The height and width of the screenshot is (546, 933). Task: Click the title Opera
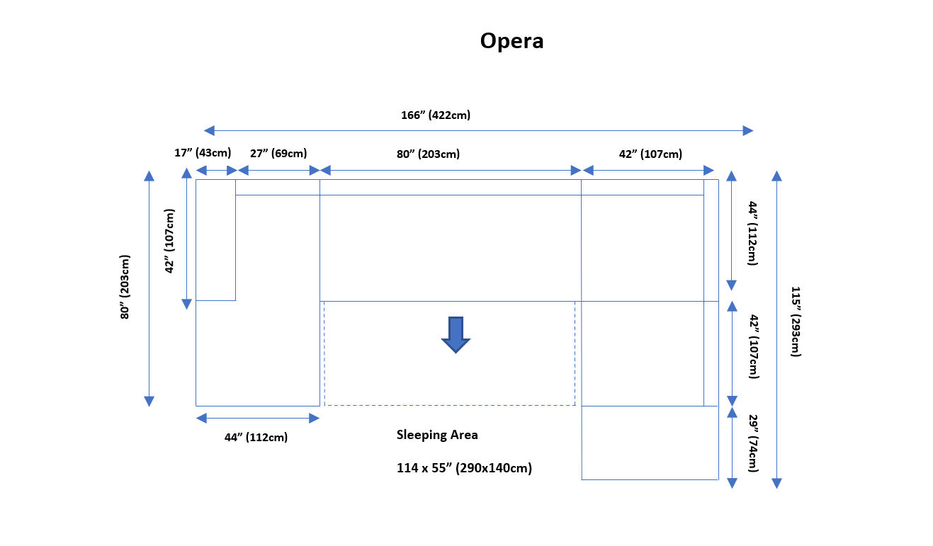511,41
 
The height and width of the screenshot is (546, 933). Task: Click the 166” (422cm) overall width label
436,115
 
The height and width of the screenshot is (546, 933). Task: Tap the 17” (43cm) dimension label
203,153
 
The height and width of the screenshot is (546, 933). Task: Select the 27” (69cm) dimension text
278,153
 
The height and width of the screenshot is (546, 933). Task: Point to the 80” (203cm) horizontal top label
427,154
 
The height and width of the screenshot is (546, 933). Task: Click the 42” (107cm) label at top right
650,154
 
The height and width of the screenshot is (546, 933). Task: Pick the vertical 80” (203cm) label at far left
125,287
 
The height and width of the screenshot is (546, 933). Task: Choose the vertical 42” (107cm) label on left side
170,241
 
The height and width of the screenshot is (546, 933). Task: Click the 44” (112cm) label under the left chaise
256,437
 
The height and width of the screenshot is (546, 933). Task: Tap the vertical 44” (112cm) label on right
752,233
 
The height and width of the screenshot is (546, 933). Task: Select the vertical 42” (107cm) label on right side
752,346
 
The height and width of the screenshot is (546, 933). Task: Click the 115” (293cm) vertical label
796,322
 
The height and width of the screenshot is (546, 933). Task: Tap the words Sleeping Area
437,435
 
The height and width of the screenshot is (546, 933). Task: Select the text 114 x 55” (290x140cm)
464,468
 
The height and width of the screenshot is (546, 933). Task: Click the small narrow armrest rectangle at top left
215,240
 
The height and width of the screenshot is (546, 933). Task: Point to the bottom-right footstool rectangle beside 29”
650,443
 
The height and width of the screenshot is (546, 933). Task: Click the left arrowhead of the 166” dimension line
209,130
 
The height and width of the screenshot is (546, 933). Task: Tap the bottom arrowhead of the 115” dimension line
776,483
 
